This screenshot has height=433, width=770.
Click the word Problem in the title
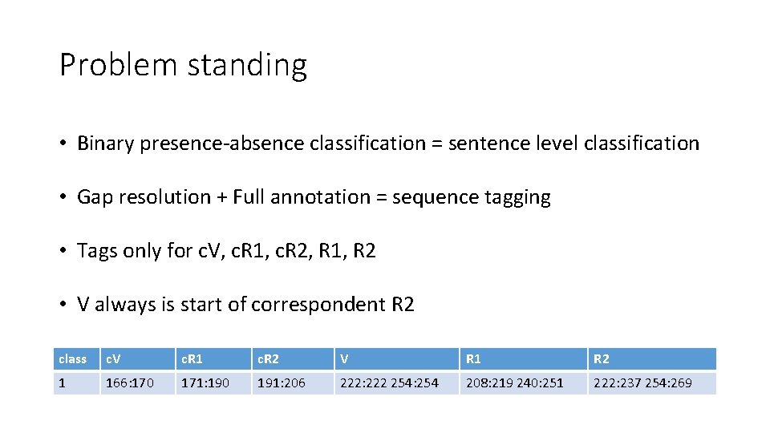118,65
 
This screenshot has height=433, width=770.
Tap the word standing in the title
246,67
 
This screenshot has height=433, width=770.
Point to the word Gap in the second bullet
95,198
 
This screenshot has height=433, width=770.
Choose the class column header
74,358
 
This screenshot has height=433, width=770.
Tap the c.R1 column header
212,358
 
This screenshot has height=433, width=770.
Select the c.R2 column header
290,358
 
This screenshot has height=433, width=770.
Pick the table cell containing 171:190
212,383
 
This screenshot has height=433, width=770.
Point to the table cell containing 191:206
290,383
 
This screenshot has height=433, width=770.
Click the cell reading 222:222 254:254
396,383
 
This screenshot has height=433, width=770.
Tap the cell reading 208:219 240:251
522,383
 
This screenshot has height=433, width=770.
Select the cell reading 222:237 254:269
650,383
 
